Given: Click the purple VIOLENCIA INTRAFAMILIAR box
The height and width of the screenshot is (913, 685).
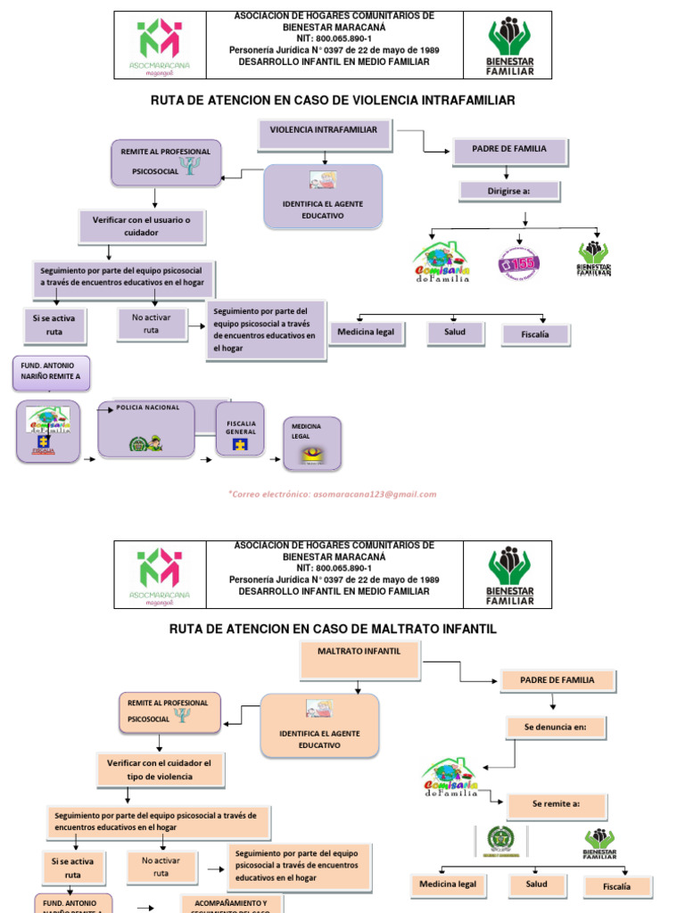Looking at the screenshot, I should click(324, 134).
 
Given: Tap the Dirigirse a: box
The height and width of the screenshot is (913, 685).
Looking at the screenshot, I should click(508, 191).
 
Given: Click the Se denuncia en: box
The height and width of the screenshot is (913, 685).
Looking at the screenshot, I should click(556, 727).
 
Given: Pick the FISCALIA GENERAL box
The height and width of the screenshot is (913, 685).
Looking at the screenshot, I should click(241, 433).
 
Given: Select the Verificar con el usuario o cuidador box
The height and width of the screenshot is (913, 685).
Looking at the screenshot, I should click(143, 226).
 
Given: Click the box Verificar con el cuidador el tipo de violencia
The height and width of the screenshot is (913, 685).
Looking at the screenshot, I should click(161, 769).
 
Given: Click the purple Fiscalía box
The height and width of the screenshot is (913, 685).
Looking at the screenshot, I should click(535, 335).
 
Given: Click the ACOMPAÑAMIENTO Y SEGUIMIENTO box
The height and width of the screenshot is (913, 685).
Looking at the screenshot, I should click(231, 904).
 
